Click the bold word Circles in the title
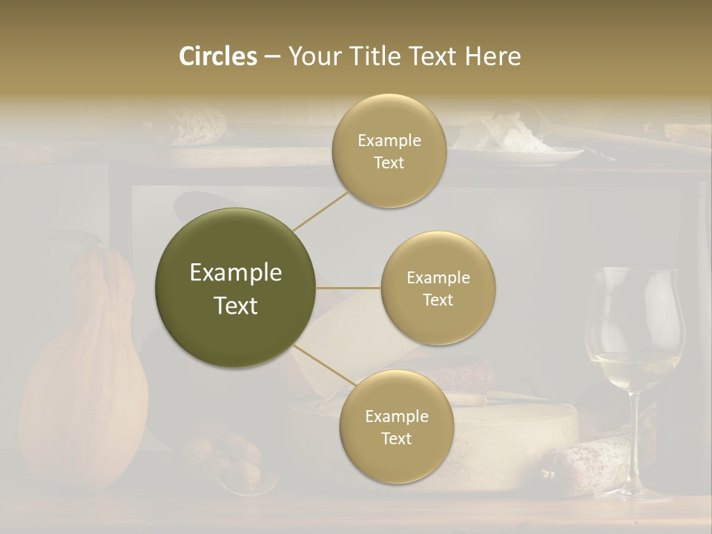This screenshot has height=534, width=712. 217,56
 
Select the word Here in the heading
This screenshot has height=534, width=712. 493,56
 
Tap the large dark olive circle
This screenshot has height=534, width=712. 235,288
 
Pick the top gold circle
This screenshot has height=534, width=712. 389,151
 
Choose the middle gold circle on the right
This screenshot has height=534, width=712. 438,288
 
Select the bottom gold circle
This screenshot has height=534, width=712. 396,426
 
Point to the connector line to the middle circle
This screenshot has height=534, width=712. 348,288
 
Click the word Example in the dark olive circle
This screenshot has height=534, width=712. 235,273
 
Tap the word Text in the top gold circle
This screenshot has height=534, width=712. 389,163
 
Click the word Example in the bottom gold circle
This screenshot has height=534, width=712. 396,416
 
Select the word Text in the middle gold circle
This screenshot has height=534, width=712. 438,300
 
